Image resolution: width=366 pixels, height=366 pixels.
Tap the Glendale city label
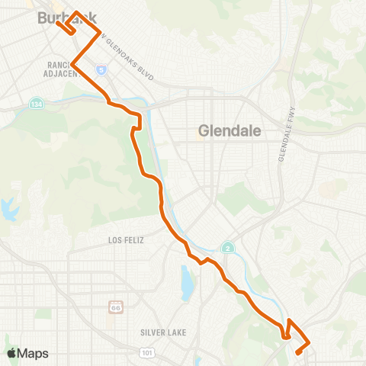point(230,130)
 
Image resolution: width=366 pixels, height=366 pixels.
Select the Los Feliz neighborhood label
point(126,239)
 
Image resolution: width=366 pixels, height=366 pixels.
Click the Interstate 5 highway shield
point(101,70)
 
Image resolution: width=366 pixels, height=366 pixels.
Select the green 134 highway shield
point(37,103)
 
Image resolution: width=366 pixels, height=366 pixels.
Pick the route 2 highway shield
point(227,248)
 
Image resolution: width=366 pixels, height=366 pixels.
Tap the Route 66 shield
point(114,307)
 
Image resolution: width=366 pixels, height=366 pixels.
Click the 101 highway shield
point(146,352)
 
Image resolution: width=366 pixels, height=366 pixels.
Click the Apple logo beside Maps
point(11,352)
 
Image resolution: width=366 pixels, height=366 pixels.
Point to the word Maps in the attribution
point(33,352)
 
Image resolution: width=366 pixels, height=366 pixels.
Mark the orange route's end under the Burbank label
point(57,11)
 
